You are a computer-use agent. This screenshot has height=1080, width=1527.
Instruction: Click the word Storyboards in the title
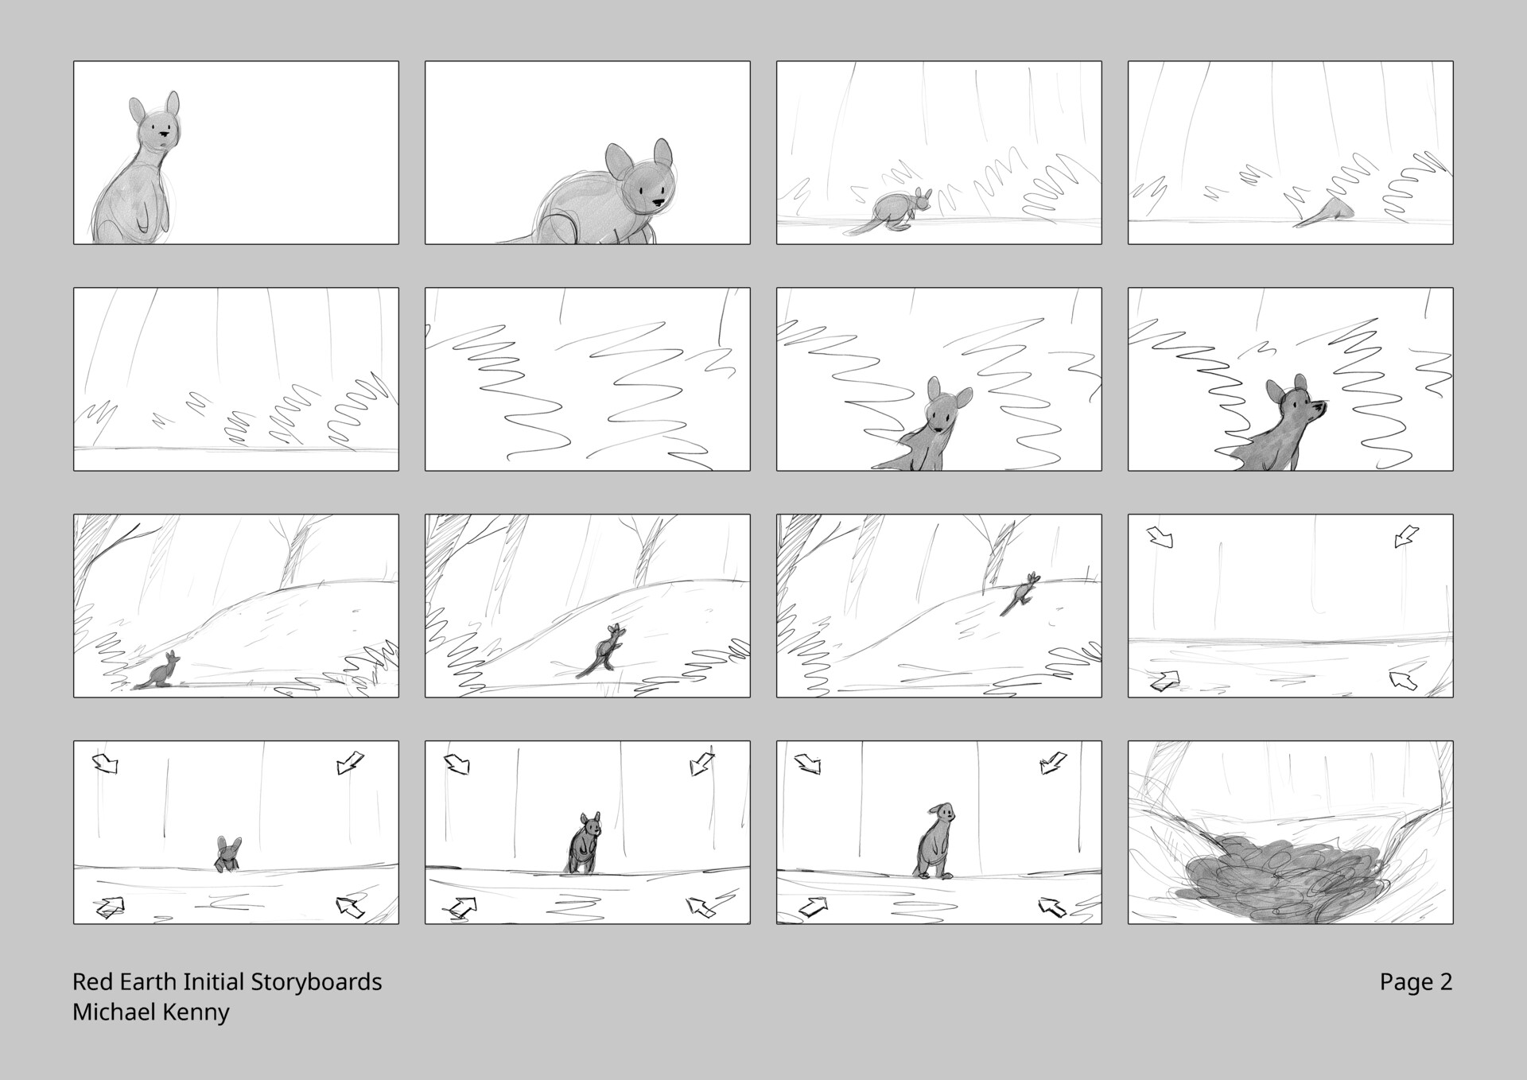[x=316, y=982]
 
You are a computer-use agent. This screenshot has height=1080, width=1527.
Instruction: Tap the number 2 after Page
[x=1445, y=982]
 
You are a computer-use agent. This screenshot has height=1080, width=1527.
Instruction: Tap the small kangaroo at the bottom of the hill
[x=163, y=672]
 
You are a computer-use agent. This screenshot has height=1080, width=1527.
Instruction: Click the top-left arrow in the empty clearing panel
[x=1160, y=537]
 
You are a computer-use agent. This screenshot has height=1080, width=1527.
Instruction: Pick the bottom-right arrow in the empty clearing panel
[x=1404, y=681]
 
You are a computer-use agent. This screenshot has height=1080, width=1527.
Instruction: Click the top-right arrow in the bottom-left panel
[x=350, y=763]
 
